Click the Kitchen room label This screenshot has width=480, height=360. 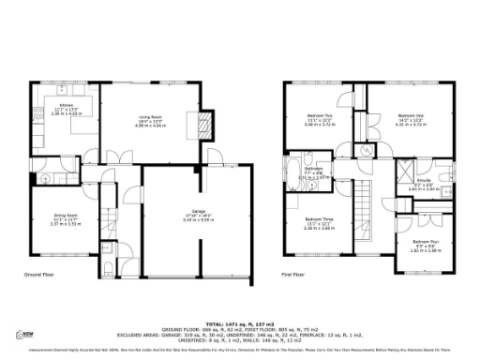(65, 108)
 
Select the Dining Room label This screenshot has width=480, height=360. (63, 219)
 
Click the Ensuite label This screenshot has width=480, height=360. (422, 185)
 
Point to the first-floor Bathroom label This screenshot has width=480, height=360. (313, 172)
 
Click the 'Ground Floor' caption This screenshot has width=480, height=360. (41, 275)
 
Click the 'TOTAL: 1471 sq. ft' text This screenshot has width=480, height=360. (240, 322)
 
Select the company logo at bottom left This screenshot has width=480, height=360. (29, 335)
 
